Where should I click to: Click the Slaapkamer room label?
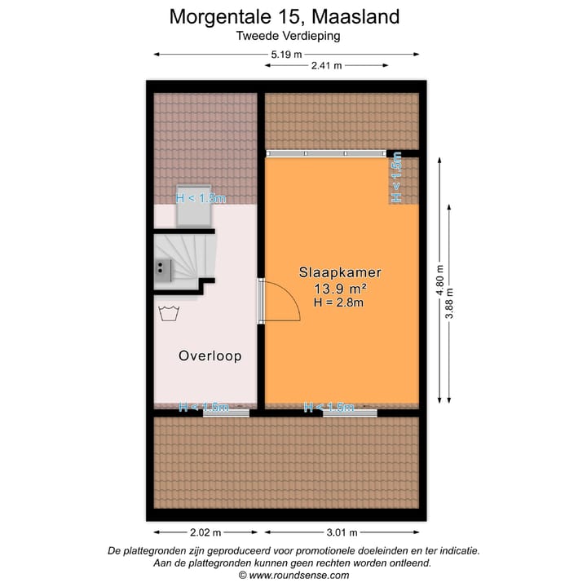340,273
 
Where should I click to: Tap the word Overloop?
210,356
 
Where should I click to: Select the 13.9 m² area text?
340,289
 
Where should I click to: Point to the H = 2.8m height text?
338,302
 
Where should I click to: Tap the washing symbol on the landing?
170,312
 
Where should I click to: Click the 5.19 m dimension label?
286,54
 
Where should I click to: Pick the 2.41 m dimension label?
326,65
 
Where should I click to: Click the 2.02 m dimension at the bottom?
205,533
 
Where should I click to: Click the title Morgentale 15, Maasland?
285,15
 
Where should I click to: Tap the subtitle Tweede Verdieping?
288,35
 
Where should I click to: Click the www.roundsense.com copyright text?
293,575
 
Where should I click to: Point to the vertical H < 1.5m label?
397,179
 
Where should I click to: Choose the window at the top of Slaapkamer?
327,152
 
